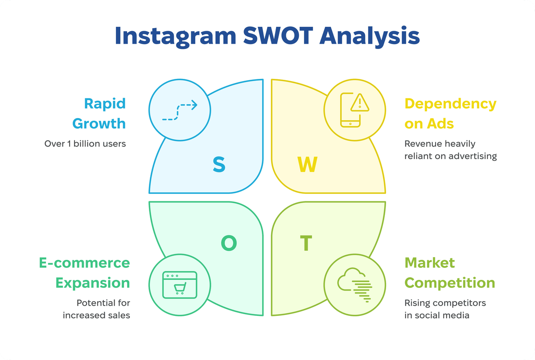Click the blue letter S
(218, 164)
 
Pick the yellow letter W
(307, 164)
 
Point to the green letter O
(229, 243)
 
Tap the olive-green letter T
(306, 243)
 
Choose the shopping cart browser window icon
(179, 284)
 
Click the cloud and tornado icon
(355, 285)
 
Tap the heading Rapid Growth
(99, 114)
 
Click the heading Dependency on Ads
(450, 114)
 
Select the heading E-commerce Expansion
(84, 273)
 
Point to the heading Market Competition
(449, 273)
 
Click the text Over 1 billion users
(85, 144)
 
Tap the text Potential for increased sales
(96, 309)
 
